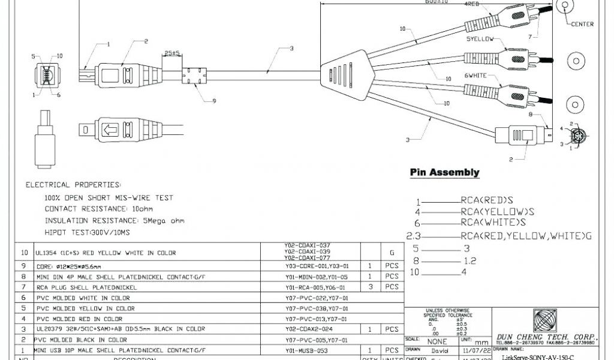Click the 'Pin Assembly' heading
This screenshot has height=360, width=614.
(444, 173)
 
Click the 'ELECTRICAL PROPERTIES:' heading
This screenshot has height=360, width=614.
(73, 185)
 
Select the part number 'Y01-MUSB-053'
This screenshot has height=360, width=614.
(307, 350)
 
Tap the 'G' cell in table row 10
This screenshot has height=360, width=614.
(392, 253)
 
